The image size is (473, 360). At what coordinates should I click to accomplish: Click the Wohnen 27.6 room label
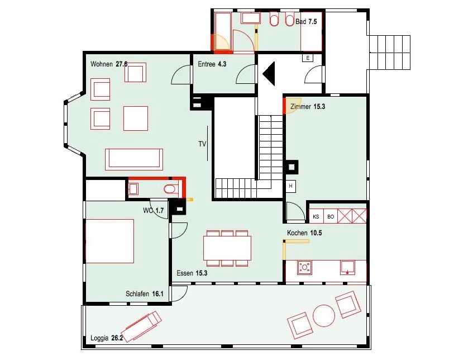(x=109, y=64)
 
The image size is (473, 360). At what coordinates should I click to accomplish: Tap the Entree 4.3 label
(x=212, y=64)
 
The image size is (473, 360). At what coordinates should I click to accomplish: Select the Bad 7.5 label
(x=306, y=21)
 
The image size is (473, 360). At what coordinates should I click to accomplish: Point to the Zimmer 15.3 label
(x=308, y=106)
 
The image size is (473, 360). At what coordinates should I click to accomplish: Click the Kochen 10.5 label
(x=304, y=233)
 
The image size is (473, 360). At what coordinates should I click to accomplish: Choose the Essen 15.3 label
(x=192, y=273)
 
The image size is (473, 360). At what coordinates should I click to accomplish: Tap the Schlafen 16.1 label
(x=145, y=293)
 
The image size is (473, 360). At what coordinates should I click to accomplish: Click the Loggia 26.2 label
(x=107, y=338)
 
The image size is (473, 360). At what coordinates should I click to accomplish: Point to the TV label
(x=202, y=144)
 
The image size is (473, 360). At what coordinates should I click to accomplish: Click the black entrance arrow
(x=270, y=74)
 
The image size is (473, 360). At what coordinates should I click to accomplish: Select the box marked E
(x=308, y=58)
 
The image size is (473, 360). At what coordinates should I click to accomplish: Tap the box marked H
(x=291, y=186)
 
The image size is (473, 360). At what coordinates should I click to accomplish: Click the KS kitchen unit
(x=316, y=216)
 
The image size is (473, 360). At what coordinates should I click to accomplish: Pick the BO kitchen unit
(x=331, y=216)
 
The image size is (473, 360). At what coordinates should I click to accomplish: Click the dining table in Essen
(x=227, y=248)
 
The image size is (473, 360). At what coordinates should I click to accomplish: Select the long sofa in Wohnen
(x=134, y=159)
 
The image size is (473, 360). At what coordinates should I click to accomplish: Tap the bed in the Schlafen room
(x=110, y=241)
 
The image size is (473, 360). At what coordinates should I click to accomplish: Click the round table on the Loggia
(x=324, y=316)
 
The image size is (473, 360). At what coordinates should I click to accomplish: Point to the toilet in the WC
(x=170, y=190)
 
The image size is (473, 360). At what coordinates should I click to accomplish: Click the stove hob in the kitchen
(x=305, y=267)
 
